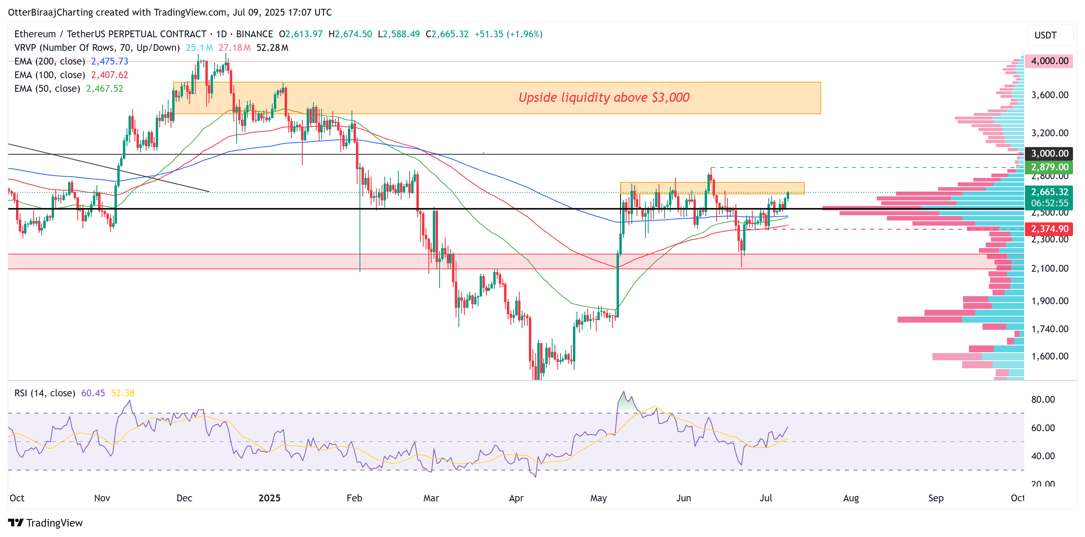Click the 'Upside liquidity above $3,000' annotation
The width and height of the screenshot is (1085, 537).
click(x=604, y=97)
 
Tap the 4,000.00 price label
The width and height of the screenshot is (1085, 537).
click(x=1049, y=61)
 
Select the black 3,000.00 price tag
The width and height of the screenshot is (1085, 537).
click(x=1049, y=153)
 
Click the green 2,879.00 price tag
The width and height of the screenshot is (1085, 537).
click(x=1049, y=167)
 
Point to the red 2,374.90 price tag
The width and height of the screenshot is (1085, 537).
click(x=1049, y=229)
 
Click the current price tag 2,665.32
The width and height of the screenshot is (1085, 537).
click(x=1049, y=192)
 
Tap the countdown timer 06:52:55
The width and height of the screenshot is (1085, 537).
click(x=1049, y=203)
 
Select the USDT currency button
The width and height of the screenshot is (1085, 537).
click(x=1045, y=35)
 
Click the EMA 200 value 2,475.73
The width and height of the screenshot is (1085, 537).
click(x=110, y=62)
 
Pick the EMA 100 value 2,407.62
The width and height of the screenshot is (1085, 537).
click(x=110, y=75)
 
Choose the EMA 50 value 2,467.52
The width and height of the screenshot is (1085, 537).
click(x=104, y=89)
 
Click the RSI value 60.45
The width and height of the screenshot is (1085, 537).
click(x=92, y=393)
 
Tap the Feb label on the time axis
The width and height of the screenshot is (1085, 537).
click(x=354, y=498)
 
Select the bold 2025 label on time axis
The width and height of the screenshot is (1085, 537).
click(x=269, y=498)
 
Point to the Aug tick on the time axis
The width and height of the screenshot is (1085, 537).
click(x=850, y=498)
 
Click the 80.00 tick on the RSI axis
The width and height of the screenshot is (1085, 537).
click(x=1043, y=400)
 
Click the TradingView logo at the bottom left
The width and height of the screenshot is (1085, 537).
click(x=46, y=523)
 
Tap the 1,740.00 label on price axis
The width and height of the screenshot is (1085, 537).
click(x=1049, y=329)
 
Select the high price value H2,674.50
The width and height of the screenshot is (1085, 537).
click(x=350, y=34)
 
